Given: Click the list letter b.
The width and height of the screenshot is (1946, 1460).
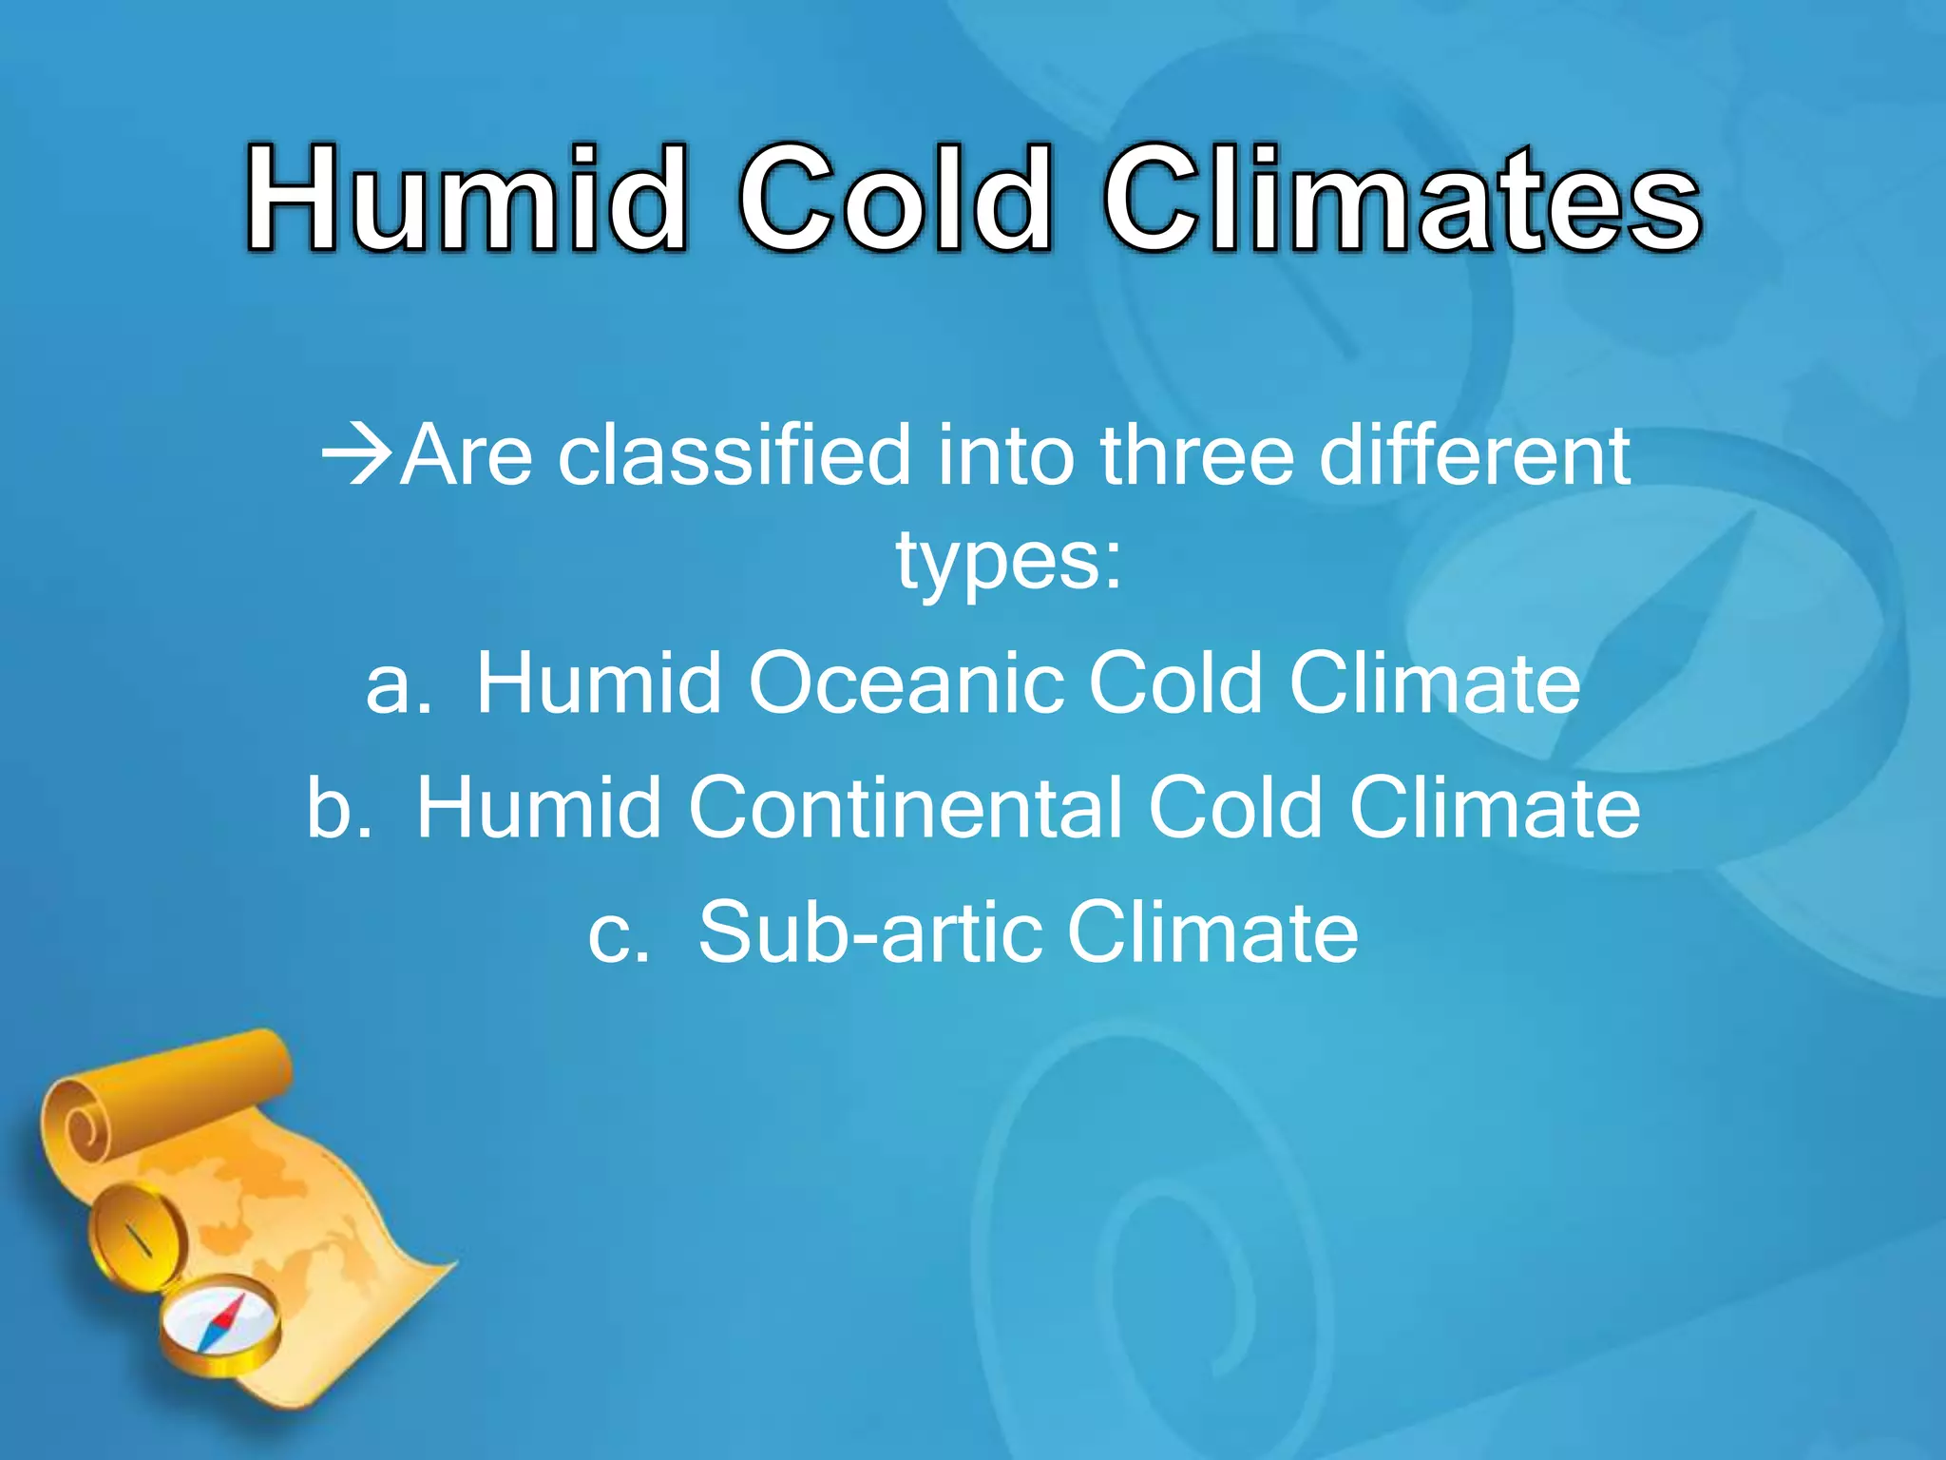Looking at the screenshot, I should [337, 808].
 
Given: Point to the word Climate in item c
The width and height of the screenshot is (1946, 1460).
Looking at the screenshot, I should [1211, 933].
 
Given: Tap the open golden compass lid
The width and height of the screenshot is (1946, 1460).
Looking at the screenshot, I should [136, 1236].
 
